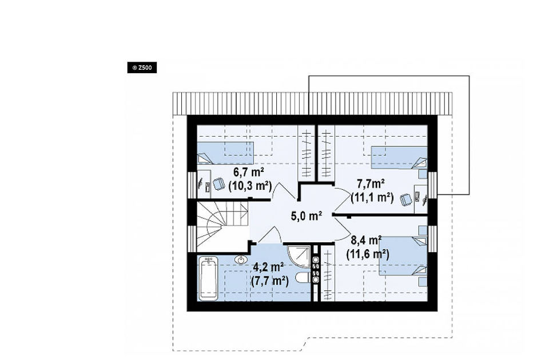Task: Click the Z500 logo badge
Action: coord(142,67)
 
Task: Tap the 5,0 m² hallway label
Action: coord(307,216)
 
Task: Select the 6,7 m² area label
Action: coord(248,172)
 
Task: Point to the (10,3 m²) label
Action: coord(250,186)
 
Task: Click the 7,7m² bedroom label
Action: coord(371,183)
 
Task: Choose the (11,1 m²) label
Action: coord(372,198)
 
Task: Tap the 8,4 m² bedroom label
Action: coord(366,241)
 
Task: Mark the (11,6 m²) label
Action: coord(368,254)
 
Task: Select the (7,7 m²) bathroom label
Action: coord(270,281)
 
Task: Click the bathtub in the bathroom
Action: coord(208,278)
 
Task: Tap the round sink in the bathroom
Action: coord(241,260)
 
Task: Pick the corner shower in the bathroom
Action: coord(299,257)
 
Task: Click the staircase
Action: coord(222,226)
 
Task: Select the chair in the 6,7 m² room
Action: coord(218,183)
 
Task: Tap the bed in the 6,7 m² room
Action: coord(225,153)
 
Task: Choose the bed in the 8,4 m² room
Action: coord(403,256)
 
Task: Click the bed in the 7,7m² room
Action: coord(399,158)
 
